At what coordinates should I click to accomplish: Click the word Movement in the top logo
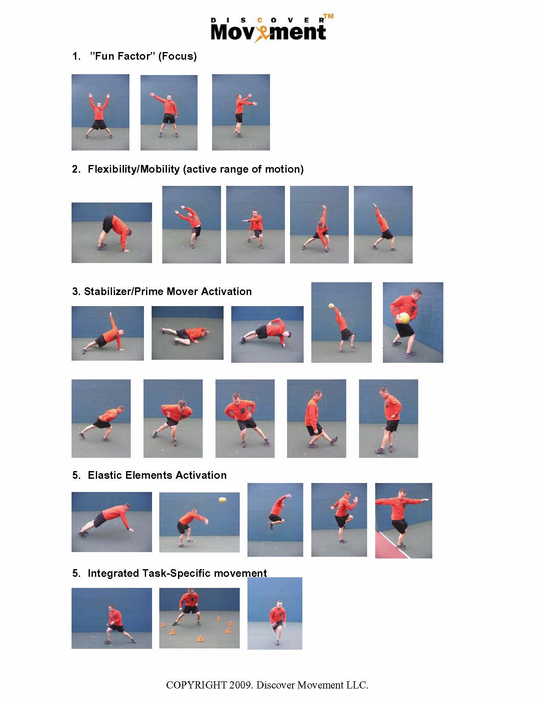268,32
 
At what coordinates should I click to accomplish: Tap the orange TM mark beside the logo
328,17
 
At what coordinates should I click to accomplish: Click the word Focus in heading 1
177,56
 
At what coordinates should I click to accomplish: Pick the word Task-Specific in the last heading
176,573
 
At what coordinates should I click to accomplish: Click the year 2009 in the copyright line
241,685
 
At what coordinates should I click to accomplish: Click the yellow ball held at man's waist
404,318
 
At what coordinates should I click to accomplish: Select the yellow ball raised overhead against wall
331,306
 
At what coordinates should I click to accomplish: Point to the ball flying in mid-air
222,500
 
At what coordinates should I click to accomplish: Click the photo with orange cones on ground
199,618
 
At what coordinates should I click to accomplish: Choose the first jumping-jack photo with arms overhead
101,112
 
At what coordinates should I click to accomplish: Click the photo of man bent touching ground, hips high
112,232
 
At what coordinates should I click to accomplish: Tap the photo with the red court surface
403,521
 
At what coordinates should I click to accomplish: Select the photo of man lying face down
187,333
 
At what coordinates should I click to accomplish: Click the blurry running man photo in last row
112,618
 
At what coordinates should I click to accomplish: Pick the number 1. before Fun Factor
76,56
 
